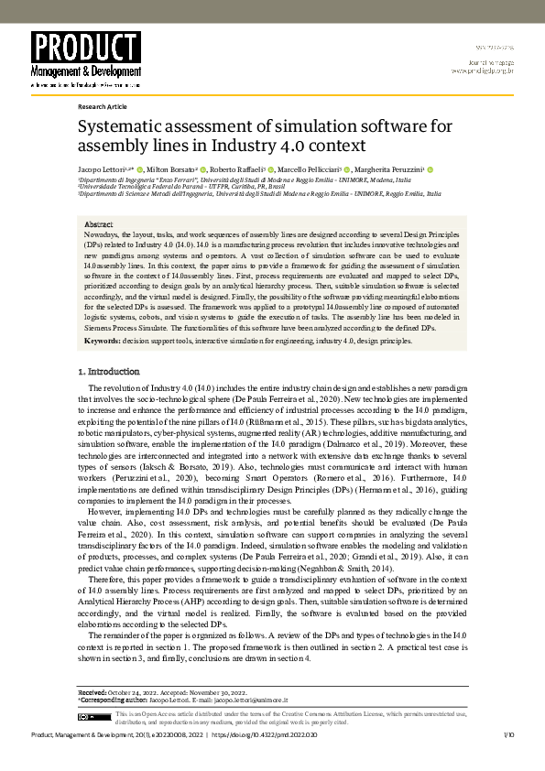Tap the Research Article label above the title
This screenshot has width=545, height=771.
tap(103, 106)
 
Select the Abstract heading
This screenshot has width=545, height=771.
tap(98, 224)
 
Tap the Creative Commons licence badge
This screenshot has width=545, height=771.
tap(93, 718)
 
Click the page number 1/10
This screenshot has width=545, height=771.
tap(509, 734)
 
